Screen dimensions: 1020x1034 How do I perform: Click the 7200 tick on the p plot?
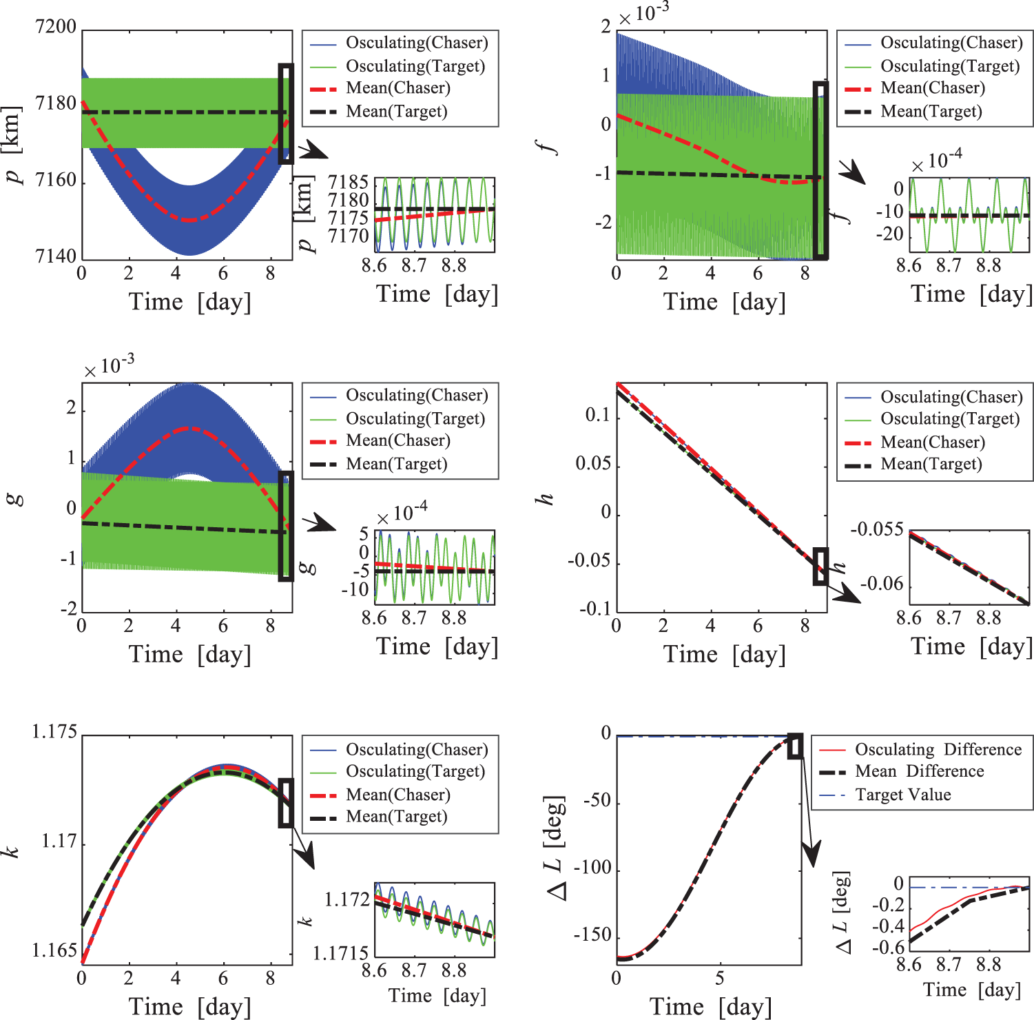click(56, 27)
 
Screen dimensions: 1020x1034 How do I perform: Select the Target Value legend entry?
click(902, 795)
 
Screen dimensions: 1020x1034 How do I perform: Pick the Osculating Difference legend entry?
click(938, 749)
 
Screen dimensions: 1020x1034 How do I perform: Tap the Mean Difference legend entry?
click(919, 771)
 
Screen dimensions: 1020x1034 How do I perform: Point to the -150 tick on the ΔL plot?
click(592, 935)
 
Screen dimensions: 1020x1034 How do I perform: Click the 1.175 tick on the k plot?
click(54, 732)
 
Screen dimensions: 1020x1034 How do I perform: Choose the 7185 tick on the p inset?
click(349, 182)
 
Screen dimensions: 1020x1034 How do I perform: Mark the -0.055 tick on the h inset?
click(877, 529)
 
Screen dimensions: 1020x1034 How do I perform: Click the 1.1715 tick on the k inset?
click(341, 953)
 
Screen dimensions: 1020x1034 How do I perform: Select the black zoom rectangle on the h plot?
click(820, 567)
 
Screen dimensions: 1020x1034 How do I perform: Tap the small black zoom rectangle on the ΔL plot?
click(795, 746)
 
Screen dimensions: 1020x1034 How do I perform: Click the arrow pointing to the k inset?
click(304, 851)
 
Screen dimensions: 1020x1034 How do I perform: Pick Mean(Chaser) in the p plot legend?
click(397, 88)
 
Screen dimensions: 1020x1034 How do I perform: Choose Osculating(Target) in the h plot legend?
click(950, 419)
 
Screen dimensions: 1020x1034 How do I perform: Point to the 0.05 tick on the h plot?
click(593, 463)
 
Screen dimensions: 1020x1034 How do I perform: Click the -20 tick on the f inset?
click(889, 234)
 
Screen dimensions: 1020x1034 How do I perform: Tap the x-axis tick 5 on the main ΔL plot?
click(720, 978)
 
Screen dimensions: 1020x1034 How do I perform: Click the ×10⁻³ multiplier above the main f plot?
click(643, 14)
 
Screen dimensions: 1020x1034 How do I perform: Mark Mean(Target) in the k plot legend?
click(396, 817)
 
